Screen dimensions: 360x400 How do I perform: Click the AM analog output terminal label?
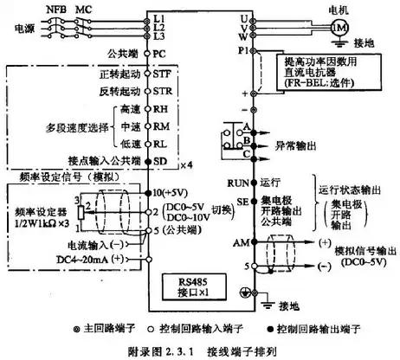(x=240, y=245)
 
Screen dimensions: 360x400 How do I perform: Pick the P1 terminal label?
(x=242, y=50)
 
